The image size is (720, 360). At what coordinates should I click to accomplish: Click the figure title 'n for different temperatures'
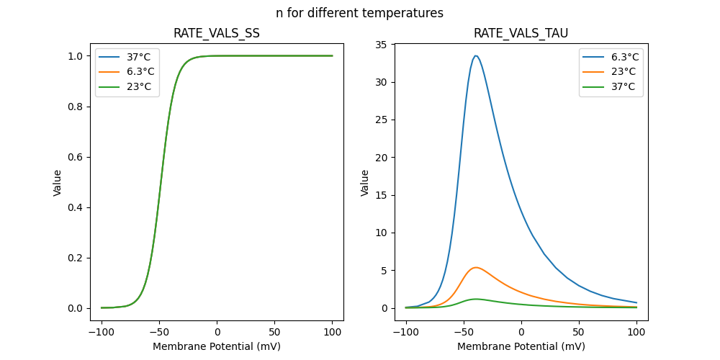click(359, 13)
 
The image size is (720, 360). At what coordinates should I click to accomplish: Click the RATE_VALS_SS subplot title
click(217, 33)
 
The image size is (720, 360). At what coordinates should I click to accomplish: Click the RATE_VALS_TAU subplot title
click(521, 33)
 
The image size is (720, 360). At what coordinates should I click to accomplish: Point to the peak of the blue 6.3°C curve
click(475, 55)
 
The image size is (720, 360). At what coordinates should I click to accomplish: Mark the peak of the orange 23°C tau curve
click(475, 267)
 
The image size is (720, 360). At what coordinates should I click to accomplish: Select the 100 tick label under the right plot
click(636, 332)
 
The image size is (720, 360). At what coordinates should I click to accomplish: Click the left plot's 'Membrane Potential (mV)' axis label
click(217, 346)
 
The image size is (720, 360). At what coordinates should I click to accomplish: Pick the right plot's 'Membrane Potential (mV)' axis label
click(521, 346)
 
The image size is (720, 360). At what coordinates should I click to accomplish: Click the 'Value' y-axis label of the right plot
click(365, 183)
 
